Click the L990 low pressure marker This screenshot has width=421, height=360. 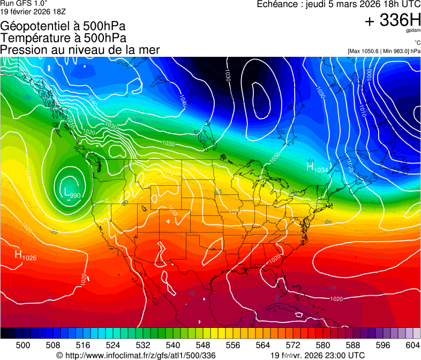[72, 193]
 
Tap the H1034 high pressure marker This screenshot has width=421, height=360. [317, 168]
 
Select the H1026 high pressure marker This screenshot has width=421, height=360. [26, 256]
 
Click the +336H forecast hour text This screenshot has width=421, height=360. [392, 21]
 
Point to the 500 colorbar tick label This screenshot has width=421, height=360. [23, 345]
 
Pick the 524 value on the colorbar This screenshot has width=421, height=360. [113, 345]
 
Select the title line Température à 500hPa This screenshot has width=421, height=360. [63, 38]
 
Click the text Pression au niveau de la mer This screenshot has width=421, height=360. [80, 50]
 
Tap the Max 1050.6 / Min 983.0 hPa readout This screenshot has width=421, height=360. [384, 51]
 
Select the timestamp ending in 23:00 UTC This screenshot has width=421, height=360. [318, 355]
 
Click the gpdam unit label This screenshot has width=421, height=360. [414, 32]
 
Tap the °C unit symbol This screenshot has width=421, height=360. [416, 43]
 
